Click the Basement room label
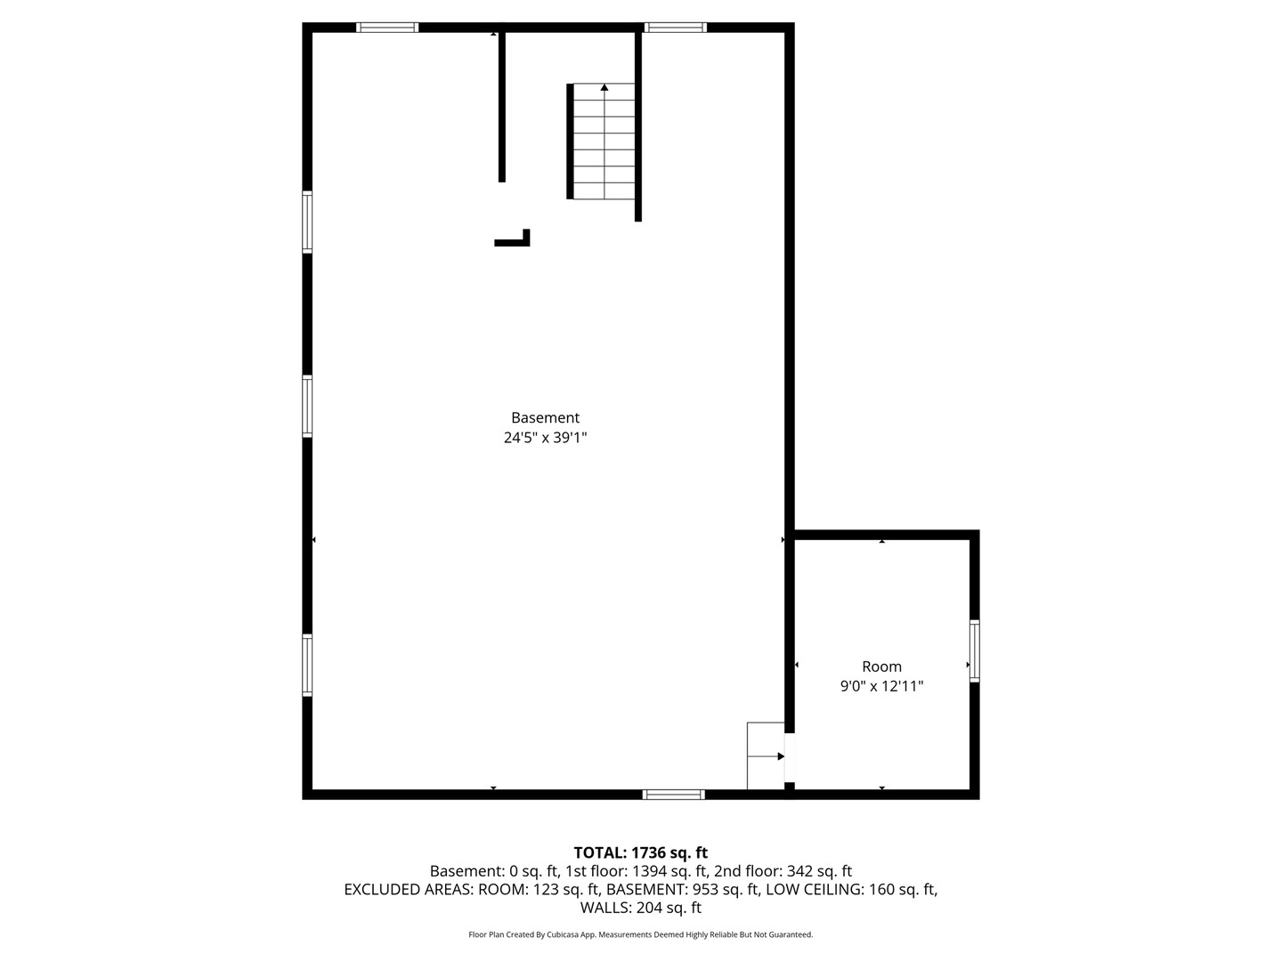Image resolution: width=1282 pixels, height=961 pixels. (545, 418)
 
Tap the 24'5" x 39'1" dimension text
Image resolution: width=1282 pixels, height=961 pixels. (545, 438)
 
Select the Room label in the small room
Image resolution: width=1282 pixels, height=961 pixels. (881, 666)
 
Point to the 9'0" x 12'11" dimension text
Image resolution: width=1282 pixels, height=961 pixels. (881, 686)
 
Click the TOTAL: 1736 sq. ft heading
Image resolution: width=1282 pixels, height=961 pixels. (641, 852)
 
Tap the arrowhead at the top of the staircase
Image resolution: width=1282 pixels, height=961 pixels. (604, 87)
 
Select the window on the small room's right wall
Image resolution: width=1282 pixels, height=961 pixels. (974, 650)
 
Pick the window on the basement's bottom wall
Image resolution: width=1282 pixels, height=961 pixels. (673, 794)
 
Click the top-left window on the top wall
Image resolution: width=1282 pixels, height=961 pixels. (387, 28)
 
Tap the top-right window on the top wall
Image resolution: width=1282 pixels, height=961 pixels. (675, 28)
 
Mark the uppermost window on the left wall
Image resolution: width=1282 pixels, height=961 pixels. (307, 222)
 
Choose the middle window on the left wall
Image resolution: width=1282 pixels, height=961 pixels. (307, 406)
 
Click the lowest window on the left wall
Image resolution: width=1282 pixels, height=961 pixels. (307, 665)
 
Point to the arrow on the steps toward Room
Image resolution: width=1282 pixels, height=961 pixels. (766, 756)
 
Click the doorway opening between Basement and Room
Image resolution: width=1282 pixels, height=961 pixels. (789, 757)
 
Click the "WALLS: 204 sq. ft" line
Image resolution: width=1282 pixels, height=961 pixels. (641, 908)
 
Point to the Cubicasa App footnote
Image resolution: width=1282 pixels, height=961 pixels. (641, 934)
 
